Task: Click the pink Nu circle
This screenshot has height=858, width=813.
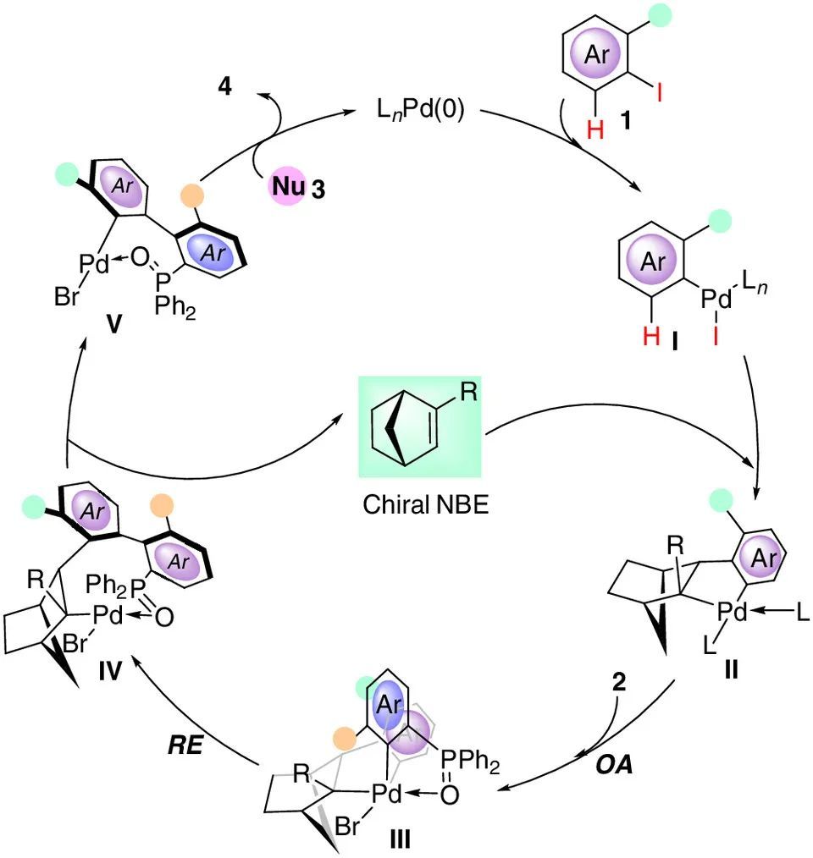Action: click(285, 187)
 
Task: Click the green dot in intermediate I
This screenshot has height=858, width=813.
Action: click(722, 222)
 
